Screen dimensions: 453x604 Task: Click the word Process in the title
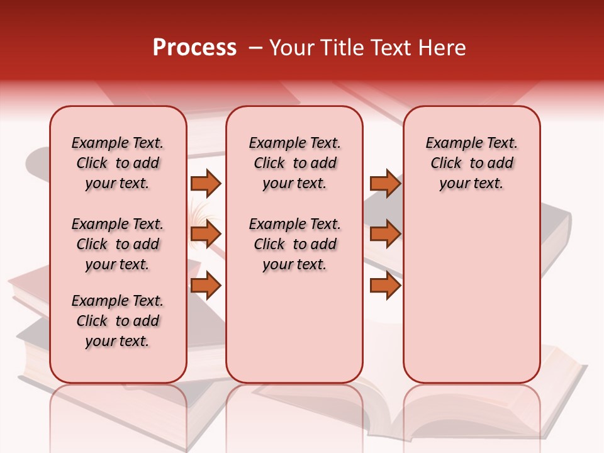click(194, 48)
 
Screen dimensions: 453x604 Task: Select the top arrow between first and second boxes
click(206, 183)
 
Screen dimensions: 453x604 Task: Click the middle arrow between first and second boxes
click(206, 234)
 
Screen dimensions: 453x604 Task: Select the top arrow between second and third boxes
click(385, 183)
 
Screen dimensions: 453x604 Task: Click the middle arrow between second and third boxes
click(385, 234)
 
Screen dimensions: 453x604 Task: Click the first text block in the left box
click(118, 163)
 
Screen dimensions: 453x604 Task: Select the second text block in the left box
click(118, 244)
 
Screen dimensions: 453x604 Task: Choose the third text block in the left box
click(118, 321)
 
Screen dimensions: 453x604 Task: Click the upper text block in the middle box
click(294, 163)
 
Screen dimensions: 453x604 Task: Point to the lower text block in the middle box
click(294, 244)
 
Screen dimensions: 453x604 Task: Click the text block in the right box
click(472, 163)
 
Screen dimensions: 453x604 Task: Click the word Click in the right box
click(446, 164)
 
